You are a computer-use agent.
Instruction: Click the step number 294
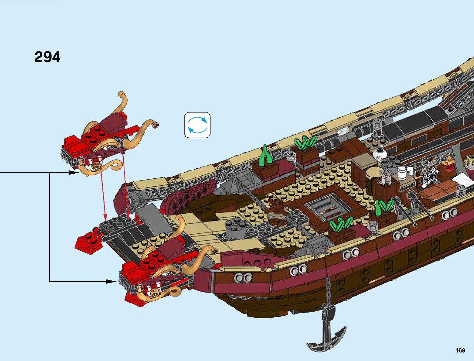pos(47,57)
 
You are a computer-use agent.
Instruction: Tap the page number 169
pos(460,350)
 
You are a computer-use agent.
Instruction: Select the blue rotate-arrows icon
pos(197,125)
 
